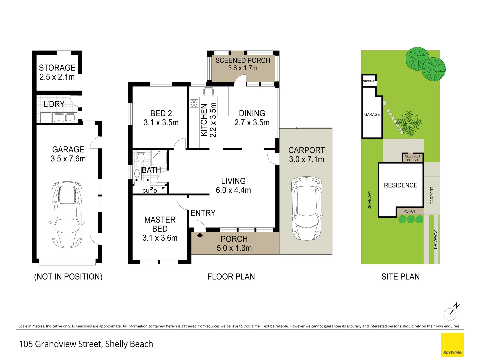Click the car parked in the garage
point(67,214)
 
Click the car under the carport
point(306,209)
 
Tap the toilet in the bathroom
point(141,156)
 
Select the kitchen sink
point(208,92)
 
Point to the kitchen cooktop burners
point(194,103)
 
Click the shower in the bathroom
point(159,158)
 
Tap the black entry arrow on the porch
point(200,235)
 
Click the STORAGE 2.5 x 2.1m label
point(57,72)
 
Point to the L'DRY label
point(54,104)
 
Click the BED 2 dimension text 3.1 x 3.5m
point(161,123)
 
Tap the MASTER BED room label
point(160,224)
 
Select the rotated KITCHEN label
point(204,120)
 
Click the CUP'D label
point(150,191)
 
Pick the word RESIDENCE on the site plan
point(401,185)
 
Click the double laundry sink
point(65,118)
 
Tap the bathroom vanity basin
point(137,174)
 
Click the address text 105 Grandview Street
point(61,344)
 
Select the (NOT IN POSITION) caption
point(68,277)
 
